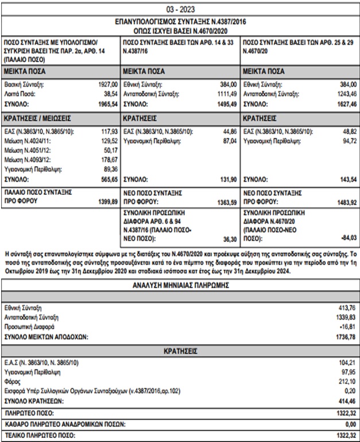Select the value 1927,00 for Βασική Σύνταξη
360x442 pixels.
107,83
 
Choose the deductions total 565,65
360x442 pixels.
109,180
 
